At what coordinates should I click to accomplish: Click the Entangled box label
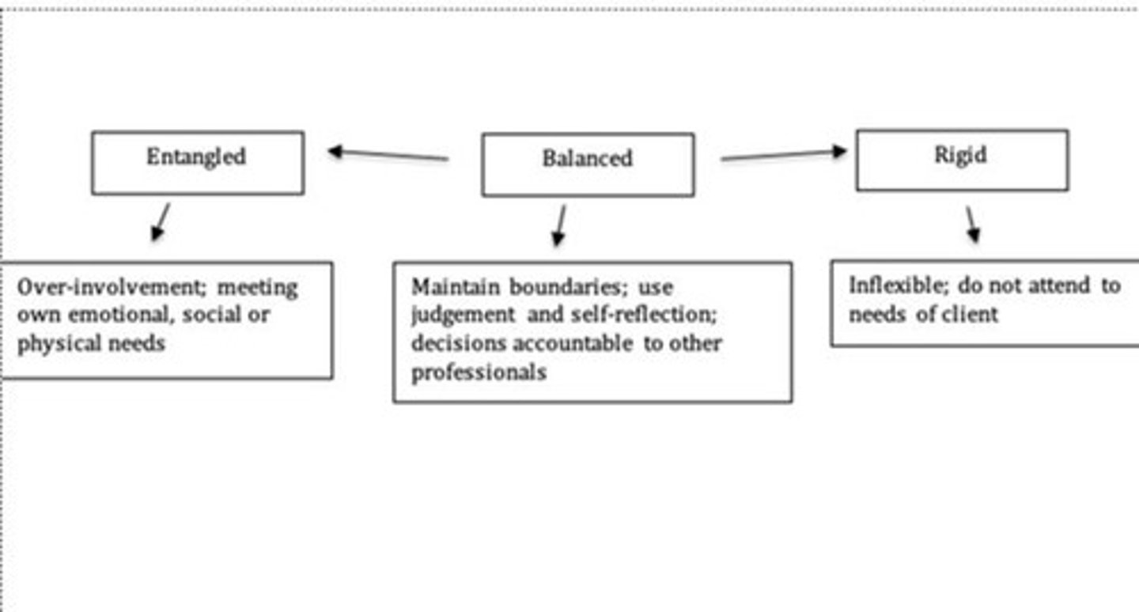(x=196, y=157)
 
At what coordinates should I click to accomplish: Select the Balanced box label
(x=587, y=158)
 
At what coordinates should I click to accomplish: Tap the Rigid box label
(x=960, y=154)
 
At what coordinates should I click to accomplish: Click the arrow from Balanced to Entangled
(x=388, y=154)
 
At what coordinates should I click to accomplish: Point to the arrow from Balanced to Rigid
(x=783, y=154)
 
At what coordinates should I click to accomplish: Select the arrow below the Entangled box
(x=160, y=221)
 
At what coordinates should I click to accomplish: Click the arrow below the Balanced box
(x=560, y=225)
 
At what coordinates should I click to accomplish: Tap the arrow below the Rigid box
(x=971, y=225)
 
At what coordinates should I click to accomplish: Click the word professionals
(x=479, y=372)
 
